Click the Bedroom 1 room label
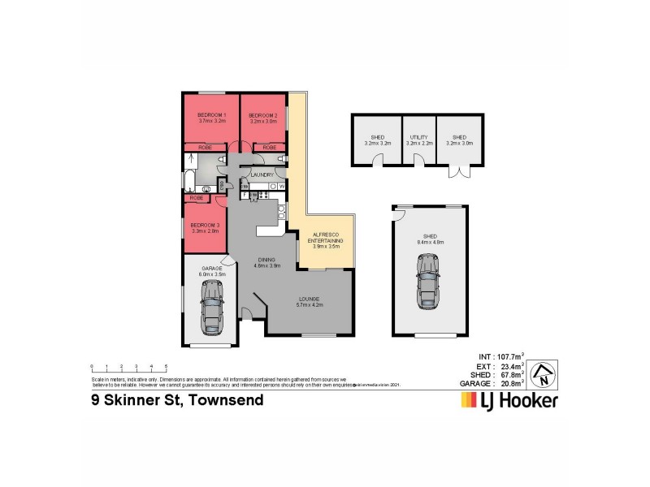coord(210,118)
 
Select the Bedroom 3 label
coord(205,227)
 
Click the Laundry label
coord(262,175)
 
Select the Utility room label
coord(418,140)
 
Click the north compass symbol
coord(544,374)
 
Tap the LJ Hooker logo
coord(509,400)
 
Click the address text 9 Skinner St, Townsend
coord(176,400)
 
